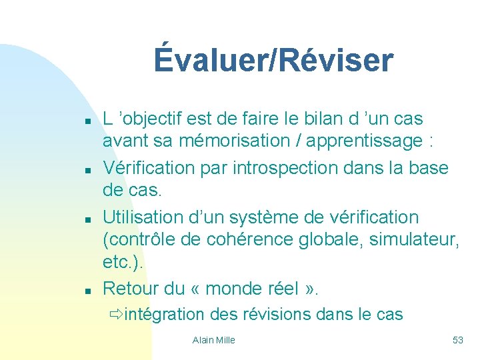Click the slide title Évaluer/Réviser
coord(273,60)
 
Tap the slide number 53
coord(457,340)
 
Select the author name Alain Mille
coord(213,340)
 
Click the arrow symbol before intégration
coord(116,314)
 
